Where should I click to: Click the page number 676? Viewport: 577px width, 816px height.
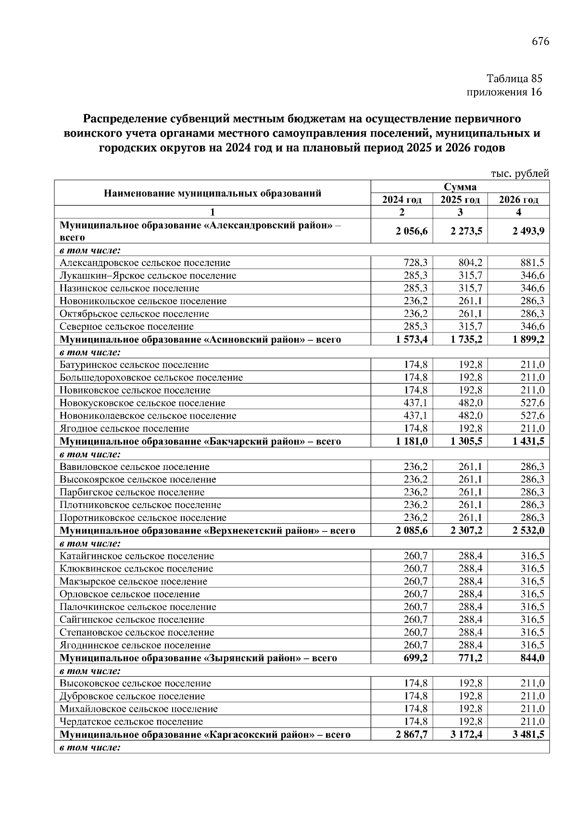(540, 41)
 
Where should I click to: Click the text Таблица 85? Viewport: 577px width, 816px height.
(514, 78)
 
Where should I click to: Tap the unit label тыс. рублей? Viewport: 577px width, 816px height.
(520, 173)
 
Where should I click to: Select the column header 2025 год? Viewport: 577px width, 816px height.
(460, 200)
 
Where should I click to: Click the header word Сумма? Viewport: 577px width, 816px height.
(460, 187)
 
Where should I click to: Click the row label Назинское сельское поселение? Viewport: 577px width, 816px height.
(129, 288)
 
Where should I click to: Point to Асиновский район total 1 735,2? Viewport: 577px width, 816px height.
(466, 340)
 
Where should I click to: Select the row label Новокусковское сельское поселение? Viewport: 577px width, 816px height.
(142, 403)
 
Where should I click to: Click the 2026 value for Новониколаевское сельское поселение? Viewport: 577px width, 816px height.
(532, 416)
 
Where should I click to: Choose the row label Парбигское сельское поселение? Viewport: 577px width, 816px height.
(132, 493)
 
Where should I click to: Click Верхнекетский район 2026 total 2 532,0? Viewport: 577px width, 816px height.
(528, 531)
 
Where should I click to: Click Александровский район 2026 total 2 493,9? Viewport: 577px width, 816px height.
(528, 231)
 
